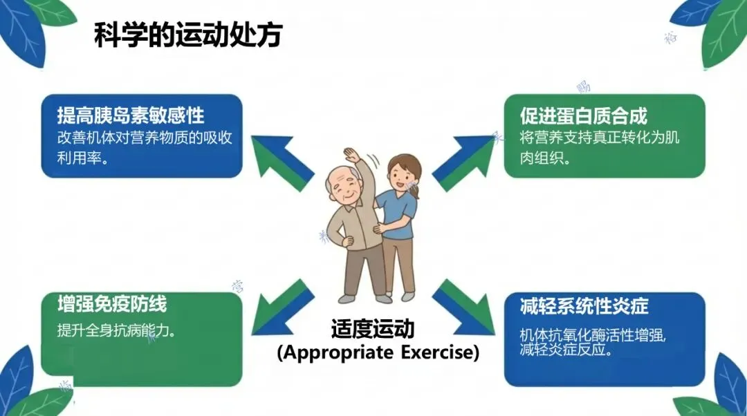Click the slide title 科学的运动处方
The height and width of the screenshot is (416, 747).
pos(187,35)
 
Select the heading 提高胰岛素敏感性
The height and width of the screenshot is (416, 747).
pos(131,115)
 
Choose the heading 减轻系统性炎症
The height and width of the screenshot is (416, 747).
pos(584,305)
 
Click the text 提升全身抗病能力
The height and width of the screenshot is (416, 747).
pos(116,330)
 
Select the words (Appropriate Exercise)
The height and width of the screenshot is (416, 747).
pos(378,352)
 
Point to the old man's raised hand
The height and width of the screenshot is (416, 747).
pos(352,155)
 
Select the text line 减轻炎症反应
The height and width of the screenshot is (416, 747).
pos(560,349)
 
